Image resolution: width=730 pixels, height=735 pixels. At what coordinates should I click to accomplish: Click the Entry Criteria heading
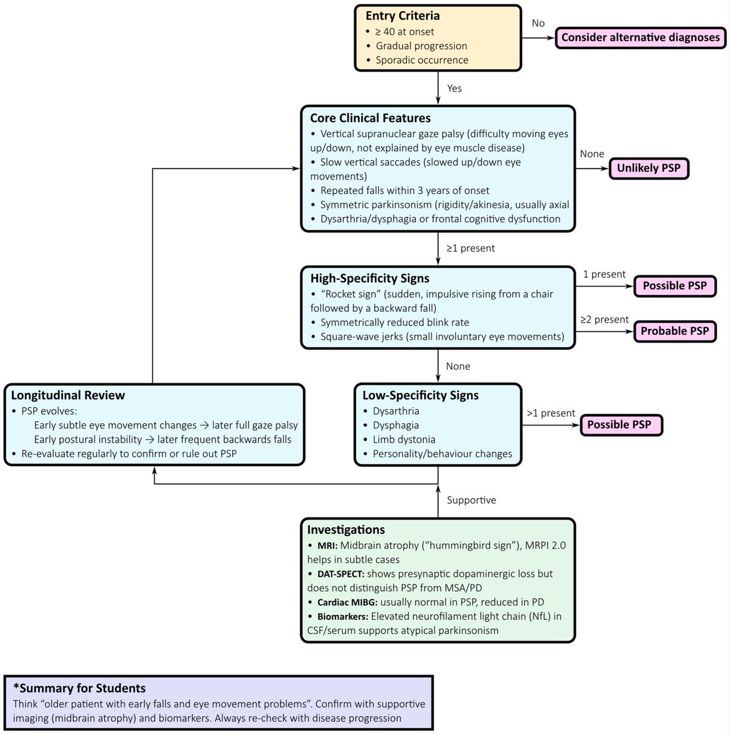[402, 16]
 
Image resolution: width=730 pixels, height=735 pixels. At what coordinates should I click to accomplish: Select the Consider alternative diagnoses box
[641, 37]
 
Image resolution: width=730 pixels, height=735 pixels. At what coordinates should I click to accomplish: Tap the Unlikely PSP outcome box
[649, 168]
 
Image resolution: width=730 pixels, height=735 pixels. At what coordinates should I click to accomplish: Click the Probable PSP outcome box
[675, 331]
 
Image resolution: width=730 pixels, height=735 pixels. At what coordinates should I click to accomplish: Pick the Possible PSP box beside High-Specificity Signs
[675, 285]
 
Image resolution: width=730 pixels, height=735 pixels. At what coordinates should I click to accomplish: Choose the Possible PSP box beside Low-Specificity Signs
[622, 424]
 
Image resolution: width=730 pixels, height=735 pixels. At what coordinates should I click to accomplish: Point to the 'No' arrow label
[538, 23]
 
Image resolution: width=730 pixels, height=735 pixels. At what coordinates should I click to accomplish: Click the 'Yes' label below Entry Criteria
[454, 88]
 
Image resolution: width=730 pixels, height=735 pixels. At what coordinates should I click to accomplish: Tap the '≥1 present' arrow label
[470, 248]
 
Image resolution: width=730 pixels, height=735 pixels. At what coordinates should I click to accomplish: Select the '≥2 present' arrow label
[604, 320]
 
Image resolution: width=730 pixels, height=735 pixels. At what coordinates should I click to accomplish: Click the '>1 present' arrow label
[551, 413]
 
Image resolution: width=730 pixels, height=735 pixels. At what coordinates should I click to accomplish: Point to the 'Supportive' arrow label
[472, 500]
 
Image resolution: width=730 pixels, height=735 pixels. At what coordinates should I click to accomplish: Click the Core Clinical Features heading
[370, 118]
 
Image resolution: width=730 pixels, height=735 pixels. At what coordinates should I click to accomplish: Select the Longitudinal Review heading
[68, 395]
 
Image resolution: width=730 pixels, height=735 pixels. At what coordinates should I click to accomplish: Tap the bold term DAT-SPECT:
[341, 574]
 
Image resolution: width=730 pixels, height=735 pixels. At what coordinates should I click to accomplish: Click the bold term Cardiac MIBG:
[347, 602]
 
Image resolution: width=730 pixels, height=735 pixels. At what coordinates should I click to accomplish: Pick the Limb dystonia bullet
[404, 439]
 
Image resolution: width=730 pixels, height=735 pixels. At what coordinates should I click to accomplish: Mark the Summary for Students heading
[80, 688]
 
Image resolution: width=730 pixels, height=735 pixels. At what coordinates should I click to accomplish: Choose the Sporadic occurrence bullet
[422, 60]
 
